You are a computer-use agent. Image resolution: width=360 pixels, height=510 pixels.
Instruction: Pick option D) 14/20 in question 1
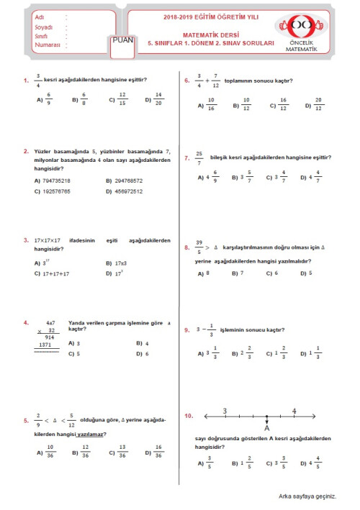pyautogui.click(x=154, y=100)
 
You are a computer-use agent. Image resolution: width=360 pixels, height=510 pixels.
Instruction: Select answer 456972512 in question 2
pyautogui.click(x=129, y=191)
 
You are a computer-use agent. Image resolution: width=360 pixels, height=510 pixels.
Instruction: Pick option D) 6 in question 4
pyautogui.click(x=142, y=354)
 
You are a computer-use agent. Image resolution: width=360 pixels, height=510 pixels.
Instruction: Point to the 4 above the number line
pyautogui.click(x=293, y=411)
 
